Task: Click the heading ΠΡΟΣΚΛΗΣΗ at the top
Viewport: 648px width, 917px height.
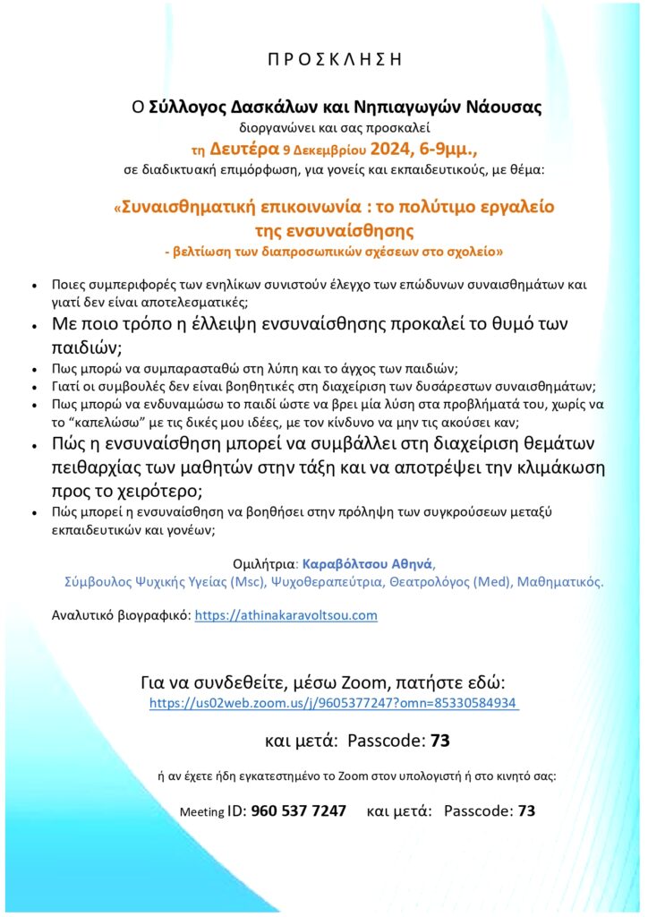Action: [x=323, y=61]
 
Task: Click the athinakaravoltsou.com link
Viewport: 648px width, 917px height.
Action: [x=286, y=615]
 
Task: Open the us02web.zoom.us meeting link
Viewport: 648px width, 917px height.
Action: [x=333, y=703]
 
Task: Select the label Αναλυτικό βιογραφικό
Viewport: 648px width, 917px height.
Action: [x=121, y=615]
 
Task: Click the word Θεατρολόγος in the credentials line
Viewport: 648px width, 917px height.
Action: [x=432, y=582]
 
